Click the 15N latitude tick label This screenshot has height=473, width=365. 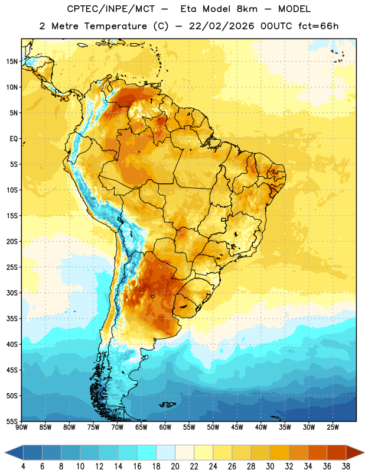[x=12, y=61]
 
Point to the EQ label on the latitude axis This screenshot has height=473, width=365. [x=14, y=139]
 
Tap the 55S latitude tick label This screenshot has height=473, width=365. [x=12, y=422]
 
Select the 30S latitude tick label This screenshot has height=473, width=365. [x=12, y=293]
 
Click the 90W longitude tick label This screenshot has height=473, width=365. [x=21, y=427]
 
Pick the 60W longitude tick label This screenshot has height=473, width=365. [x=165, y=427]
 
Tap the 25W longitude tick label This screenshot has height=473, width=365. [x=333, y=427]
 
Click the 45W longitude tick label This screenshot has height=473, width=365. [x=237, y=427]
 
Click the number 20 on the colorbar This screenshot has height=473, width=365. [x=175, y=466]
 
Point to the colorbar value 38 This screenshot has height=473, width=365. [x=346, y=466]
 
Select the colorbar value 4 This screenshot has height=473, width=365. [x=23, y=466]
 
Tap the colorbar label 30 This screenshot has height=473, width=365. [x=270, y=466]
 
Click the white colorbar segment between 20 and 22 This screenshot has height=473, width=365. [x=184, y=452]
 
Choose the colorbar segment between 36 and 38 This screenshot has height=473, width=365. [x=337, y=452]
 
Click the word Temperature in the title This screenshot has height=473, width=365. [x=115, y=26]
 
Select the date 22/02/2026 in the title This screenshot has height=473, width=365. [x=221, y=26]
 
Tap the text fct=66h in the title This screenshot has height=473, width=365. [x=318, y=26]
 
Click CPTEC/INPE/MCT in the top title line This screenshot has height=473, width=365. [x=111, y=9]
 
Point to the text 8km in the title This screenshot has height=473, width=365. [x=247, y=9]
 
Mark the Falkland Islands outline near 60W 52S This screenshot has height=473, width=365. [x=167, y=404]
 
